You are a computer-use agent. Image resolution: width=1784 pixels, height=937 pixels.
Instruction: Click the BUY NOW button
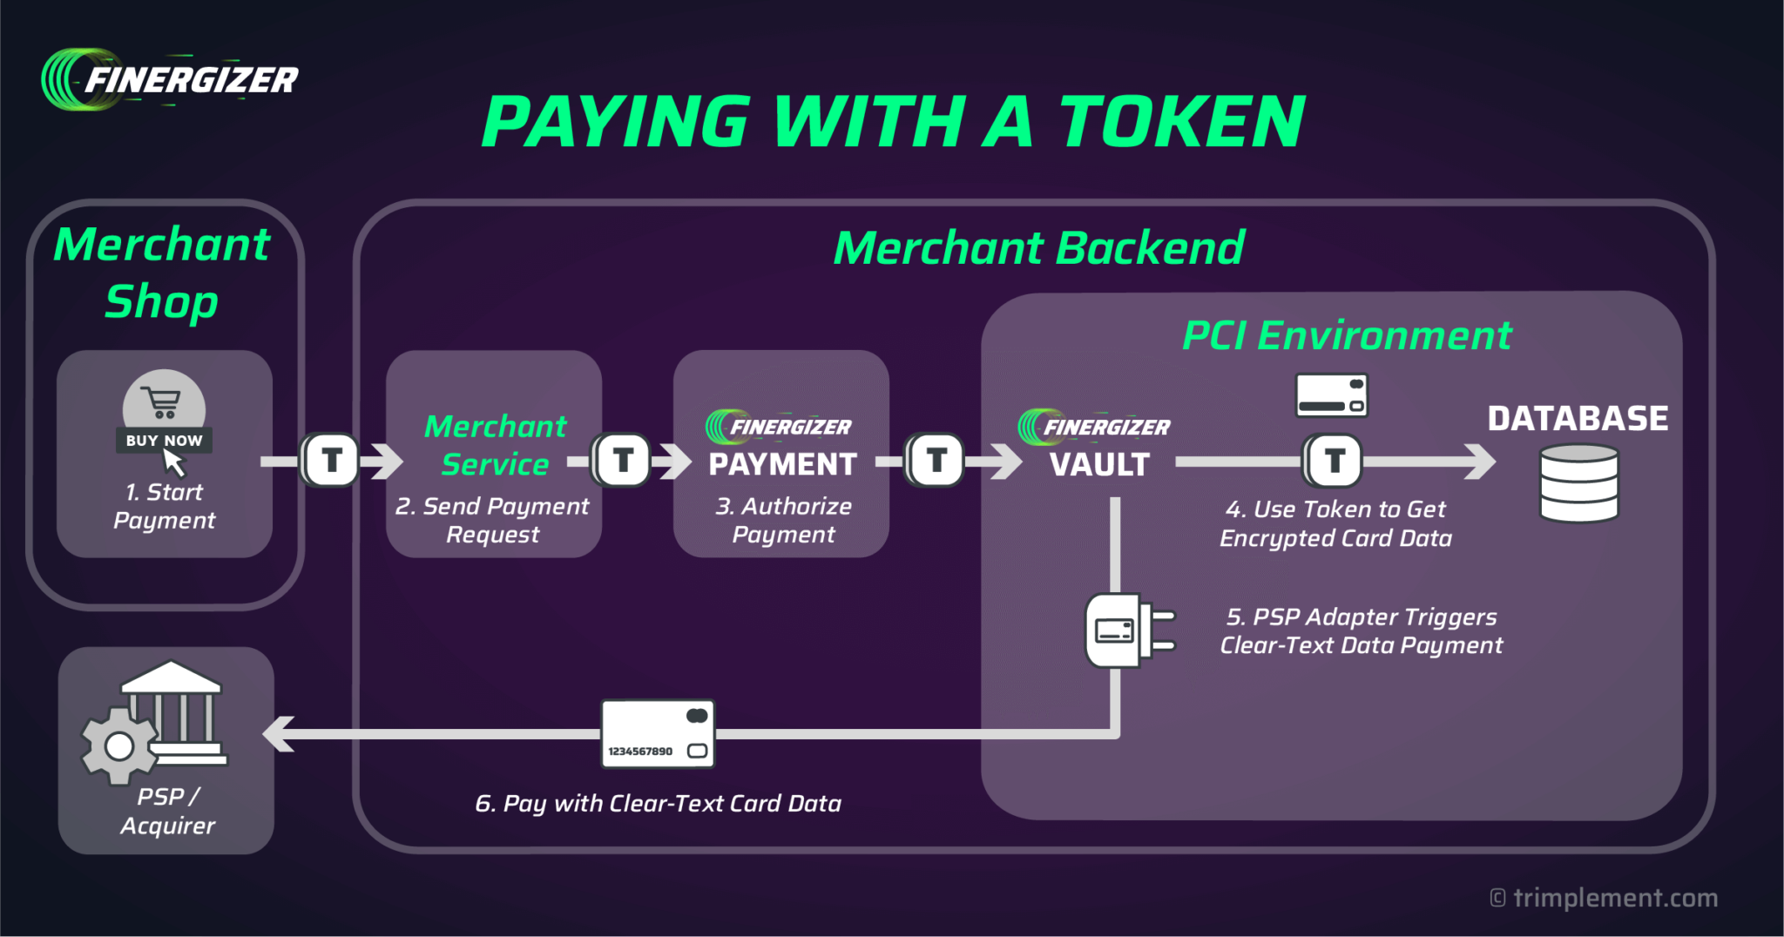[x=164, y=440]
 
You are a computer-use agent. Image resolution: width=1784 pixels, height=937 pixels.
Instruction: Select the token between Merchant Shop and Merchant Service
[x=331, y=460]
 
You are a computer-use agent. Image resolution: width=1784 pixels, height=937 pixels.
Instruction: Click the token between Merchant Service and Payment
[x=622, y=460]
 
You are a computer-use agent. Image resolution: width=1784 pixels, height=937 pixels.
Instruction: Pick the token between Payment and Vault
[x=936, y=460]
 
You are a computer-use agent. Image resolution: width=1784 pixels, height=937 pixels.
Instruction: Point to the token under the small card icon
[x=1333, y=460]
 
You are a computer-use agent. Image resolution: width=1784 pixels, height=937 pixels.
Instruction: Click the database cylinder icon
[x=1578, y=482]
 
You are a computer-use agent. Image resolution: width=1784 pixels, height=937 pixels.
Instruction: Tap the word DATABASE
[x=1578, y=419]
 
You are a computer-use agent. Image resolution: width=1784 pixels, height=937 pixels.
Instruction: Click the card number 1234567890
[x=640, y=751]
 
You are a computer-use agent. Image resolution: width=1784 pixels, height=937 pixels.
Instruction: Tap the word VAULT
[x=1099, y=464]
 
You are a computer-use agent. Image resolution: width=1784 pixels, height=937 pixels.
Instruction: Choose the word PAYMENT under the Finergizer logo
[x=782, y=464]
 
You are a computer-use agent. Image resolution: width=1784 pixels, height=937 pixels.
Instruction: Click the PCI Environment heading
[x=1346, y=336]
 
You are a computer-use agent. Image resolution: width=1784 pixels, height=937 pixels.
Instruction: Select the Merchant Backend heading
[x=1038, y=248]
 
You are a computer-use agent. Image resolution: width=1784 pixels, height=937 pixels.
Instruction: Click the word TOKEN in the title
[x=1181, y=122]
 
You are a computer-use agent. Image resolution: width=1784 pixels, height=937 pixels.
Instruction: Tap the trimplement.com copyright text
[x=1603, y=898]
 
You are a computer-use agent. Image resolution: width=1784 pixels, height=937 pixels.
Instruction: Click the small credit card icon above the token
[x=1331, y=395]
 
